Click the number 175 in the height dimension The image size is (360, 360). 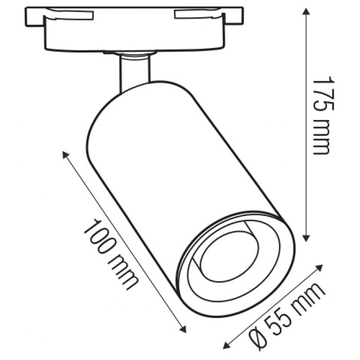322,94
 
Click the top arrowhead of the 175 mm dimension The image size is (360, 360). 305,11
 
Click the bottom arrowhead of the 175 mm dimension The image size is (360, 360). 305,238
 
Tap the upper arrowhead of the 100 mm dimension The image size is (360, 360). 65,155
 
